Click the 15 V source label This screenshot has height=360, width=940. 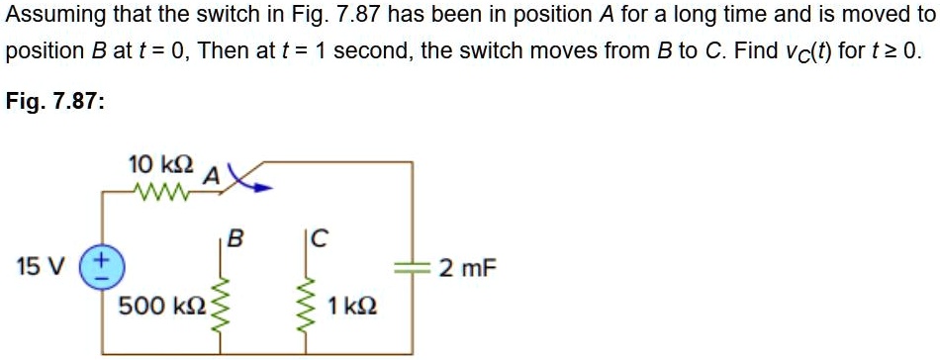(x=40, y=267)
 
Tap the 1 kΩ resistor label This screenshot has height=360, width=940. (x=351, y=306)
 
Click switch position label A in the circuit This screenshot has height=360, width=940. (x=210, y=176)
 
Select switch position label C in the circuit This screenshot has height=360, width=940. (x=319, y=238)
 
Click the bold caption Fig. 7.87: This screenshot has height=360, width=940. (x=55, y=101)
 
